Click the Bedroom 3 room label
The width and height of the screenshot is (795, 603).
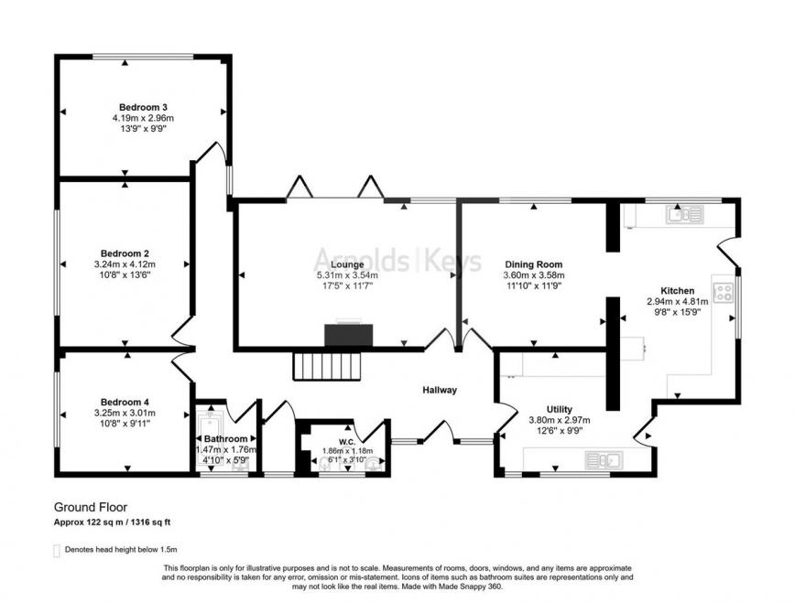click(x=143, y=106)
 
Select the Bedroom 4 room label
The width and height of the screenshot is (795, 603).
click(x=125, y=402)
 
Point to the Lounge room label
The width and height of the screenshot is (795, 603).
click(x=347, y=264)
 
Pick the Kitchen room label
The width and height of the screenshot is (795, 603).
click(x=678, y=290)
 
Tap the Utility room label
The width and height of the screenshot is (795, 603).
click(x=559, y=410)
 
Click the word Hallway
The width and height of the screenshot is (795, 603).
click(x=439, y=391)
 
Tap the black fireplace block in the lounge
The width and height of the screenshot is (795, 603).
click(x=349, y=335)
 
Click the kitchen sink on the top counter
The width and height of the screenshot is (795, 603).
click(x=685, y=215)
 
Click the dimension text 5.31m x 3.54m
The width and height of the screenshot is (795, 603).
click(x=347, y=275)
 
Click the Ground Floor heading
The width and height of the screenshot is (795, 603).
click(x=90, y=507)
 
